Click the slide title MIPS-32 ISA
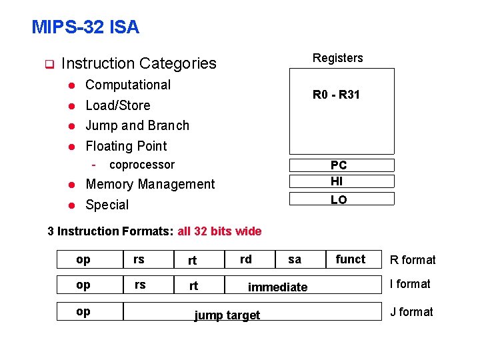tap(85, 27)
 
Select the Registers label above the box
tap(338, 58)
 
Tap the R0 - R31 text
tap(336, 95)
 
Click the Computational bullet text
tap(128, 85)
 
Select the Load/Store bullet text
tap(118, 105)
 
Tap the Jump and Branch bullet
tap(137, 125)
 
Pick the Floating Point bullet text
tap(126, 146)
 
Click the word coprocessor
tap(142, 165)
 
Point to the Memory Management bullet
tap(150, 184)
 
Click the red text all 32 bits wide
tap(219, 231)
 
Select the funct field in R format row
tap(351, 259)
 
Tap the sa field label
tap(295, 259)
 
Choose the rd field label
tap(246, 259)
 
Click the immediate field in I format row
tap(277, 287)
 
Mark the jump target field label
tap(227, 315)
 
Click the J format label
tap(412, 312)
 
